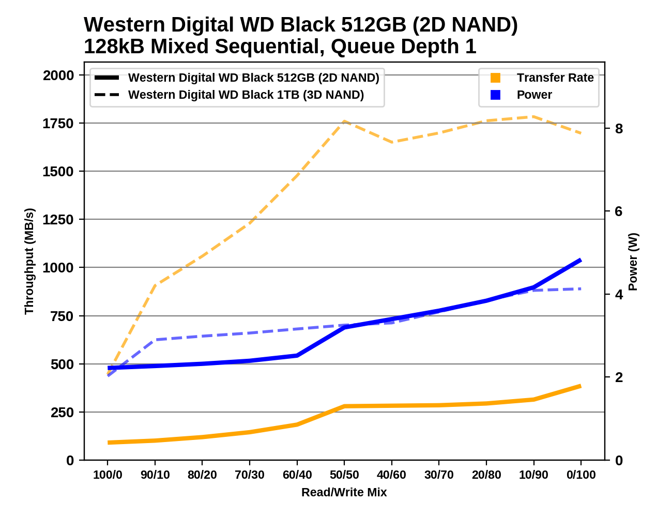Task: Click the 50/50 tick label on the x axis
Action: pos(344,475)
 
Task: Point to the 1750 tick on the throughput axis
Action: pos(58,123)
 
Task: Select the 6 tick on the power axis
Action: pos(619,211)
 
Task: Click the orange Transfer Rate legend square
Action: pos(495,78)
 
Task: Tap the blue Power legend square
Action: pos(495,95)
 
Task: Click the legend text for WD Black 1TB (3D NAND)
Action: pos(246,95)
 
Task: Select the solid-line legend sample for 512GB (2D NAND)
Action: pos(107,78)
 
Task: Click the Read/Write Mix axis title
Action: pos(344,492)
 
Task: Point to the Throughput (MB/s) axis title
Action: pos(29,261)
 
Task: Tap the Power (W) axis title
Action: pos(633,262)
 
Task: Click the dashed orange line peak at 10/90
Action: pos(533,117)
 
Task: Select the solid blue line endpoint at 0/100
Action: pos(581,260)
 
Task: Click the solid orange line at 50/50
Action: pos(344,406)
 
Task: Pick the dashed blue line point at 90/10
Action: pos(155,340)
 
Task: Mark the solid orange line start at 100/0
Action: pos(108,443)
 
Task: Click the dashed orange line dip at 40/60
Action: pos(392,142)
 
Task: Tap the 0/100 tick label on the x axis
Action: pos(581,475)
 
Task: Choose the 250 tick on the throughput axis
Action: pos(62,412)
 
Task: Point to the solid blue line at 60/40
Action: pos(297,355)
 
